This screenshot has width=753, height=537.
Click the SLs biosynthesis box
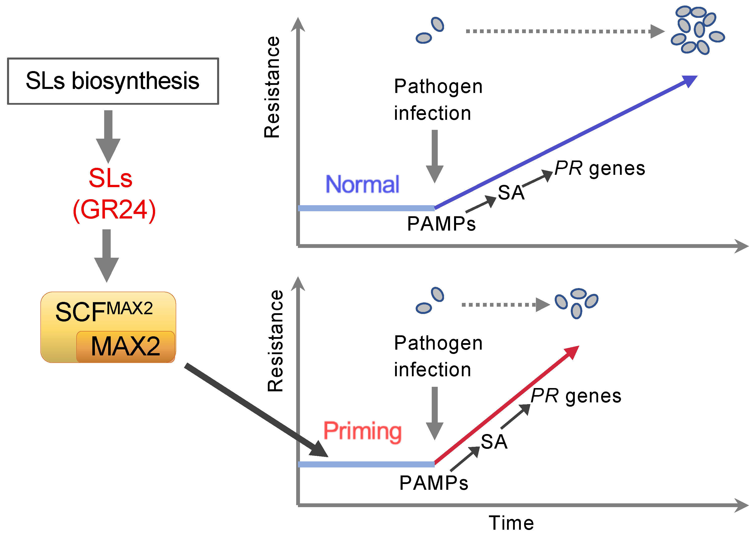113,81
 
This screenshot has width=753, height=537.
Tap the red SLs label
110,179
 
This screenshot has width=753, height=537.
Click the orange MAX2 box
125,347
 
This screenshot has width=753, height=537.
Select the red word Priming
362,431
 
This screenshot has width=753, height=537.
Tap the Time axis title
511,523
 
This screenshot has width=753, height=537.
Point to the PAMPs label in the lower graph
433,483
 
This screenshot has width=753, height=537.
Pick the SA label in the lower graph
494,442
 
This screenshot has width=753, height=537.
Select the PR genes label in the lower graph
576,396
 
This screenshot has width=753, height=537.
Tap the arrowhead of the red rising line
572,352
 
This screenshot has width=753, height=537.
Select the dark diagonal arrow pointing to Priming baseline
256,410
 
